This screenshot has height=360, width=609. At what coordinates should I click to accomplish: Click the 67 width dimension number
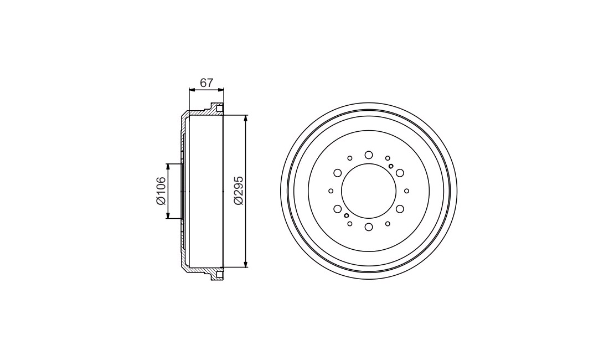(207, 83)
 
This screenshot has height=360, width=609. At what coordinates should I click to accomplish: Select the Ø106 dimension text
(161, 191)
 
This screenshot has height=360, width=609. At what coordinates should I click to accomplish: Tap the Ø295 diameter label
(239, 191)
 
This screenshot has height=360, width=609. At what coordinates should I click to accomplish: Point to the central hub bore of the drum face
(369, 191)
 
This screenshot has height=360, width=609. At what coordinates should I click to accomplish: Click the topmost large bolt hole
(369, 155)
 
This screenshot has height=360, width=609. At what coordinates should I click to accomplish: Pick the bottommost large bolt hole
(369, 227)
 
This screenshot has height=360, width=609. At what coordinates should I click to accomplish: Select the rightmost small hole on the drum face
(407, 191)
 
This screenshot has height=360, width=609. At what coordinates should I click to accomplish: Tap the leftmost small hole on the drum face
(331, 191)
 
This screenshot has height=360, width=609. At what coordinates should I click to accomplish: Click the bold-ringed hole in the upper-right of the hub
(391, 166)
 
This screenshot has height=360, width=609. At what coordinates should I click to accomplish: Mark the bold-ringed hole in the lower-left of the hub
(347, 215)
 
